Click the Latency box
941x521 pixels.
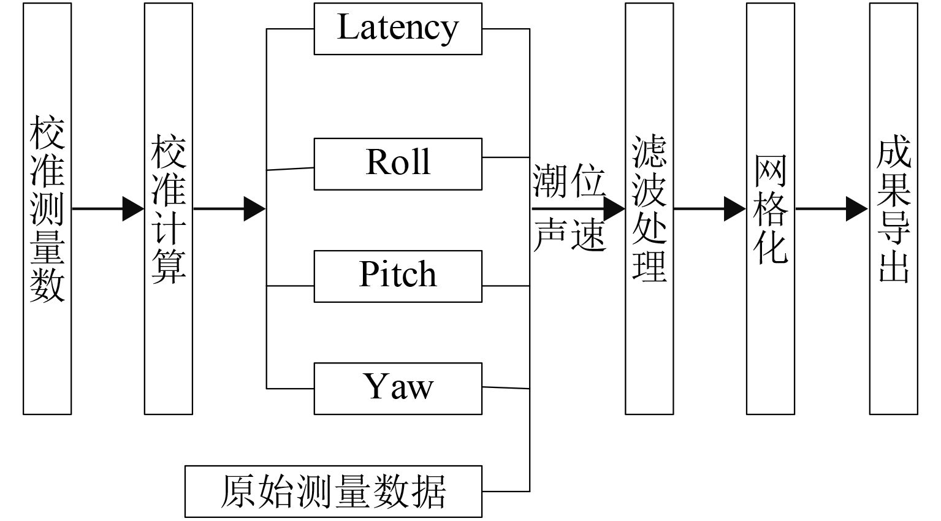tap(398, 29)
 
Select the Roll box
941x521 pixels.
tap(398, 164)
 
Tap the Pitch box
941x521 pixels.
tap(398, 276)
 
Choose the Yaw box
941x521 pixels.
tap(398, 389)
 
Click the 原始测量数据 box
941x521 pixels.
tap(333, 491)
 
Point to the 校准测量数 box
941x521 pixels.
tap(47, 208)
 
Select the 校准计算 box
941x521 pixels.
tap(169, 208)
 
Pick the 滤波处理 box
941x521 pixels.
tap(649, 208)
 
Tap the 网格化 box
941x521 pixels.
tap(771, 208)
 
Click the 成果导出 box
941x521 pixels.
tap(893, 208)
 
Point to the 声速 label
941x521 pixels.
tap(569, 234)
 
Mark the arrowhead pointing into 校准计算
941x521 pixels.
tap(133, 209)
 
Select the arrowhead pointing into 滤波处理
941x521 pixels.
tap(614, 209)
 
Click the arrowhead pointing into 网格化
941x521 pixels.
tap(735, 209)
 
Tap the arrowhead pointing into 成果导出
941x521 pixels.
tap(857, 209)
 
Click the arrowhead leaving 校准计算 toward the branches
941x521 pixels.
tap(254, 209)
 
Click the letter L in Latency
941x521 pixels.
tap(348, 28)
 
